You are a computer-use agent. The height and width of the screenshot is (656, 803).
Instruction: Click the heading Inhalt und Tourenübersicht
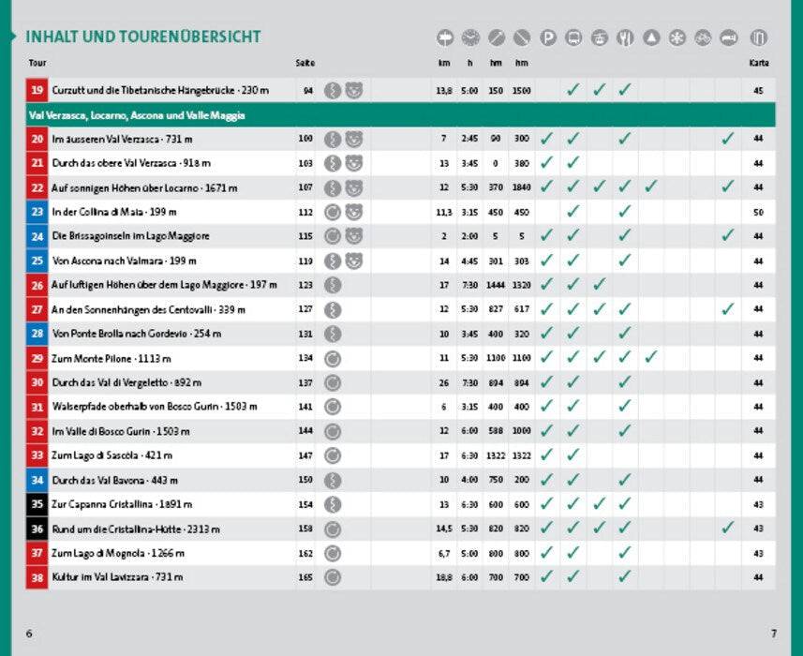[x=143, y=37]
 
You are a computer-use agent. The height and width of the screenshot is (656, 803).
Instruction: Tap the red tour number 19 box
[x=37, y=91]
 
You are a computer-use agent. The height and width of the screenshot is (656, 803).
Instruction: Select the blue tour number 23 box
[x=37, y=212]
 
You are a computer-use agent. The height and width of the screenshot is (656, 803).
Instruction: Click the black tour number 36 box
[x=37, y=529]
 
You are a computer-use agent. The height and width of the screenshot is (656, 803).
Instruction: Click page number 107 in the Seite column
[x=305, y=187]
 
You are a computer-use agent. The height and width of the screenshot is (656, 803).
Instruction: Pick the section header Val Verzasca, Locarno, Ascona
[x=137, y=115]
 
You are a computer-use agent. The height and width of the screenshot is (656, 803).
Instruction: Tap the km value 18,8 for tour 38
[x=444, y=577]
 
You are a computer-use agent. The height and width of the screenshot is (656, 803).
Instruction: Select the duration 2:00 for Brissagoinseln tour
[x=469, y=236]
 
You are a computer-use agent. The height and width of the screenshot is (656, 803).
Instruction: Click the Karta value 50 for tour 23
[x=758, y=212]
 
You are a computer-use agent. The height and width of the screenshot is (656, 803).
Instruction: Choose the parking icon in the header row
[x=548, y=38]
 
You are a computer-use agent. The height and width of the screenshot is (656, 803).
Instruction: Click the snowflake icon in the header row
[x=677, y=38]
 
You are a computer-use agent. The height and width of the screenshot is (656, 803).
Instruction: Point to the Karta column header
[x=758, y=63]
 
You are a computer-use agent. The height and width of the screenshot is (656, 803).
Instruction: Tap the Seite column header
[x=305, y=63]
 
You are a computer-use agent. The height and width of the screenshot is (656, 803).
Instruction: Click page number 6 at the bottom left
[x=29, y=633]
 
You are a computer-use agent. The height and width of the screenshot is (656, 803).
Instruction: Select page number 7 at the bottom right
[x=774, y=633]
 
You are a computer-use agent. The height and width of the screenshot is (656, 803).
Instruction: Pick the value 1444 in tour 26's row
[x=496, y=285]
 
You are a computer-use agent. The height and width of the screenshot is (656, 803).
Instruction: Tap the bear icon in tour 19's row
[x=353, y=91]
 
